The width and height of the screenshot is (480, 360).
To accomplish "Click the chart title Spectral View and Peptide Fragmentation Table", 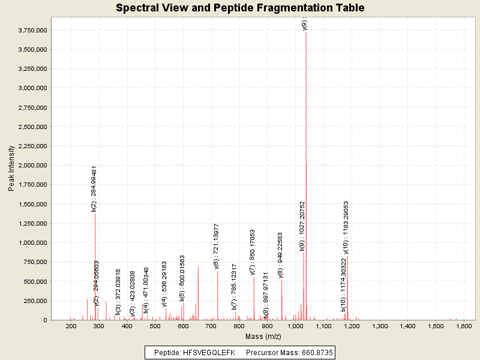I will click(240, 8).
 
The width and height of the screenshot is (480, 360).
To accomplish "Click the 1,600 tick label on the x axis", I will click(463, 326).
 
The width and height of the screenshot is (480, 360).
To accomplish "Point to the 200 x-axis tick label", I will click(71, 326).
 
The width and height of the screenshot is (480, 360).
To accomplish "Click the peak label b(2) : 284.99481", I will click(94, 189).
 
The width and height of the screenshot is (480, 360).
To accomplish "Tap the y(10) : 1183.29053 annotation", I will click(346, 227).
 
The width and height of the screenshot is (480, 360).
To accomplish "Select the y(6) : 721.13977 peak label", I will click(217, 247).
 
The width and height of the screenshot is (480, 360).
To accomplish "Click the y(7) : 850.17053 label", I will click(253, 252).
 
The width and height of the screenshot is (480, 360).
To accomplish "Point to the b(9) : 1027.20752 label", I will click(302, 226).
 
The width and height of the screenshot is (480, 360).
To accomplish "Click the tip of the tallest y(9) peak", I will click(306, 32).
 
